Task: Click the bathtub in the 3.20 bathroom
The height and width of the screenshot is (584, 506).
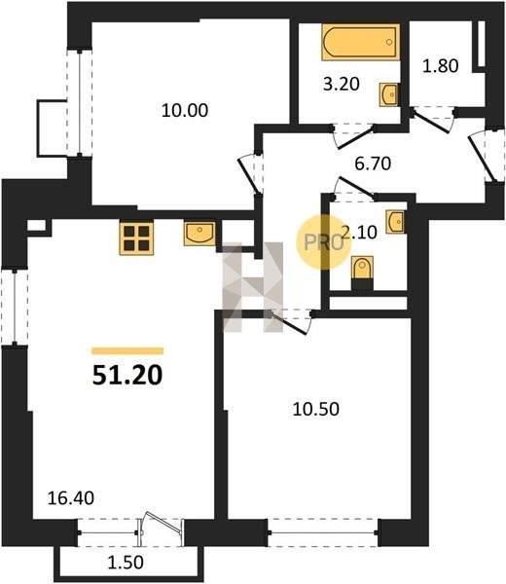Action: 361,42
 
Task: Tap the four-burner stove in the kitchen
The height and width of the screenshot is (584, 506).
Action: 136,238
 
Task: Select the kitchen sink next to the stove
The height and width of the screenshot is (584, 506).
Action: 199,234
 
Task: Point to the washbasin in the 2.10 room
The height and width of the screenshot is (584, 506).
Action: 395,222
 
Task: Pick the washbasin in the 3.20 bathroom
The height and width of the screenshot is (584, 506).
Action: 388,95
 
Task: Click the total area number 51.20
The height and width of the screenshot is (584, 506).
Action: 127,375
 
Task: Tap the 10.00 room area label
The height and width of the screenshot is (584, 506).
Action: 185,111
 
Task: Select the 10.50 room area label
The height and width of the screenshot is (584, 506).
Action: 315,410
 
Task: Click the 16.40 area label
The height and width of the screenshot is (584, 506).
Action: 71,498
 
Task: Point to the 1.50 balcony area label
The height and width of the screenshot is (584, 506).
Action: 126,563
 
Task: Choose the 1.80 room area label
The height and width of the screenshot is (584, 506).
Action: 440,66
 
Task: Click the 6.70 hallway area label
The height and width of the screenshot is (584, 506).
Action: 373,164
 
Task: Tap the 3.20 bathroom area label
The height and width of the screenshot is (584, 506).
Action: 341,84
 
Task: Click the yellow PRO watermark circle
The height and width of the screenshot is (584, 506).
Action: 324,242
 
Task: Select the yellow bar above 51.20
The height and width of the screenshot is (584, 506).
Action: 127,350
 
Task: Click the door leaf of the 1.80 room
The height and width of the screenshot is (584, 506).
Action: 431,121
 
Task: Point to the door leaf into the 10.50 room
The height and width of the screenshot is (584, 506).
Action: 289,323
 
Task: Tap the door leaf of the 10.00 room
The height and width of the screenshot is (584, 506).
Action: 247,175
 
